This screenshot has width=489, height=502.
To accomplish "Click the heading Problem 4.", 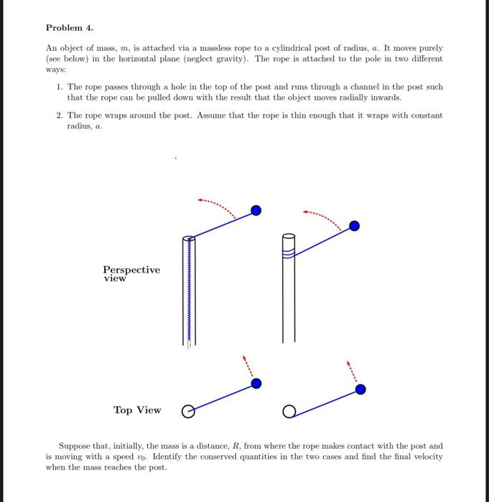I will coord(69,28).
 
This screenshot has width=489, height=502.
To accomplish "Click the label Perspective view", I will coord(131,274).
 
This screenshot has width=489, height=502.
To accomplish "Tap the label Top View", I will coord(137,410).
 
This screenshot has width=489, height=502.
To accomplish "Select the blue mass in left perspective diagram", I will coord(256,210).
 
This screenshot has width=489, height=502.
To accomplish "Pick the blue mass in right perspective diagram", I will coord(354,226).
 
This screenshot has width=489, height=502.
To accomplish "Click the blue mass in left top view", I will coord(256,384).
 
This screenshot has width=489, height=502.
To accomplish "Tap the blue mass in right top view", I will coord(360,389).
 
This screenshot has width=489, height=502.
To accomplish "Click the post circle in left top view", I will coord(188,412).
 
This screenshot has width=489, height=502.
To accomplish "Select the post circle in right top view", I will coord(289,412).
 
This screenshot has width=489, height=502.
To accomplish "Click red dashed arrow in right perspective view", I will coord(323,214).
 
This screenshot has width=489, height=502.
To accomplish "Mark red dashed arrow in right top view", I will coord(352,370).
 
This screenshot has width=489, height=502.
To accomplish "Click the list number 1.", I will coord(58,87).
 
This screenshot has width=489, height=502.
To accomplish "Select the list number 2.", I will coord(58,115).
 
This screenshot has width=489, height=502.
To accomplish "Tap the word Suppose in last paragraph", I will coord(74,445).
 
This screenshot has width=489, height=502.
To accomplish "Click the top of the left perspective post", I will coord(189,239).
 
